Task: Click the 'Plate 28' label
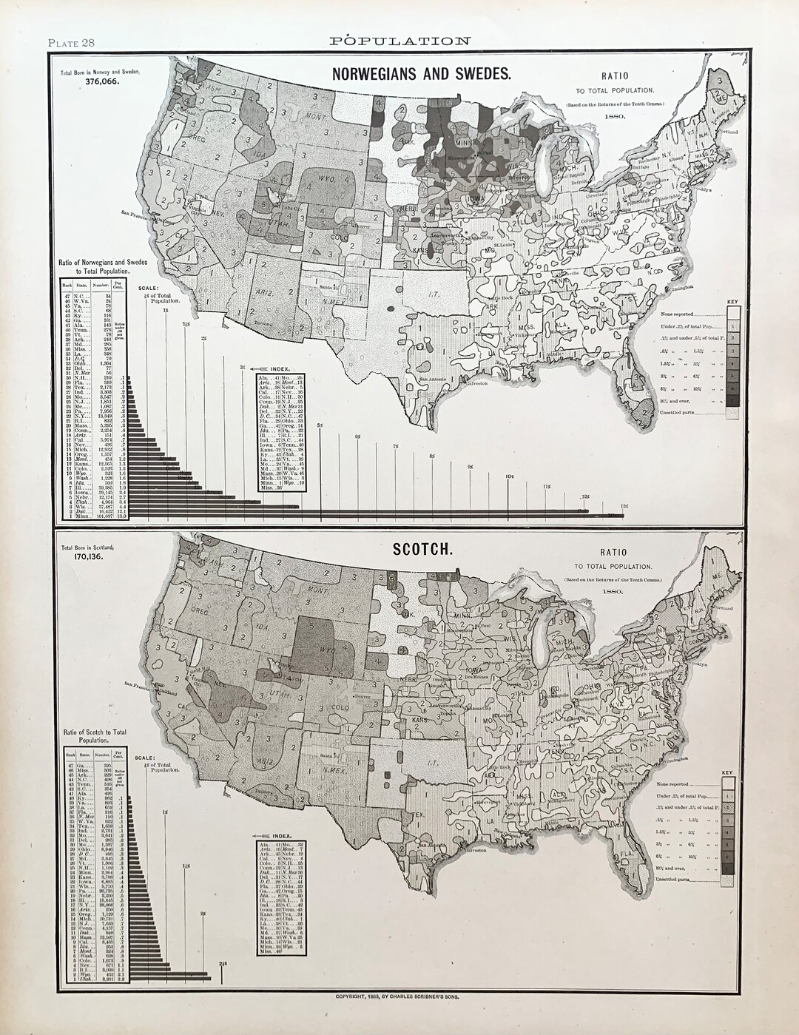(x=71, y=42)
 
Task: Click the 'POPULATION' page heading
(x=399, y=41)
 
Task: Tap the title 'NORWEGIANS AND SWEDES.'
(x=421, y=73)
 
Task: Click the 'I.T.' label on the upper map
(x=434, y=294)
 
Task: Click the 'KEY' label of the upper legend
(x=732, y=302)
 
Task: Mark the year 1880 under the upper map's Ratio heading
(x=614, y=117)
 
